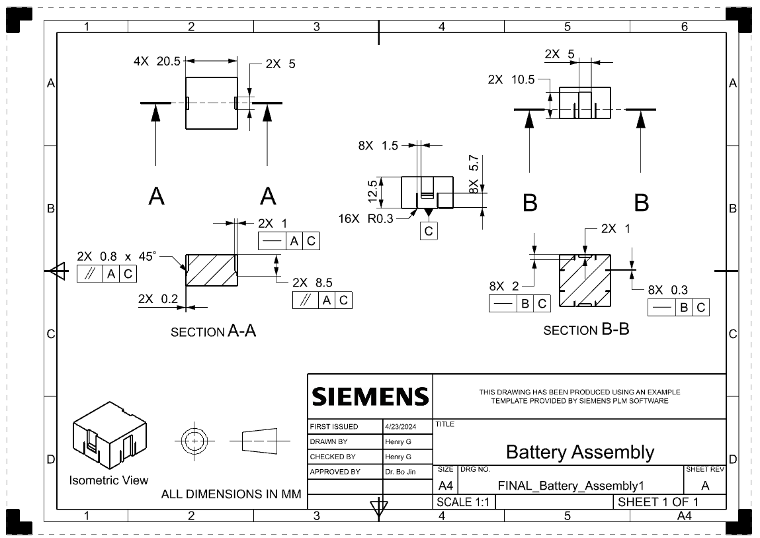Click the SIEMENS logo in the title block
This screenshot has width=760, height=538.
click(370, 396)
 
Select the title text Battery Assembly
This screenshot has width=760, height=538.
click(579, 452)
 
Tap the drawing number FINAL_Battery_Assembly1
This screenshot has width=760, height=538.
click(570, 486)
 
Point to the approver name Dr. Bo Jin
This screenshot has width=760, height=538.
click(400, 472)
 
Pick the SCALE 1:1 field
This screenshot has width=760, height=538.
click(463, 502)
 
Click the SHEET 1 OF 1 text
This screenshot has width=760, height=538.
click(657, 502)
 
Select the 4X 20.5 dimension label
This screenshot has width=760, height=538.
click(157, 62)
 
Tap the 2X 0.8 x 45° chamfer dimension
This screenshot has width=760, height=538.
click(117, 256)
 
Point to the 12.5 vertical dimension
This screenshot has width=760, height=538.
click(373, 192)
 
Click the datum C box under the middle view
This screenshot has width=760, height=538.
click(429, 231)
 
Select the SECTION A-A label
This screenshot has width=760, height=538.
click(213, 332)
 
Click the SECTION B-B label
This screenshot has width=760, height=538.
click(585, 330)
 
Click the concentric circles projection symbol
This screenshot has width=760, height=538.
click(194, 439)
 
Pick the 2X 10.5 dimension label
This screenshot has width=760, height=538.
click(511, 79)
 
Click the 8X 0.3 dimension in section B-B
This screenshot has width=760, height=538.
click(667, 290)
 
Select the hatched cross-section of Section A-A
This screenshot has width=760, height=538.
click(211, 270)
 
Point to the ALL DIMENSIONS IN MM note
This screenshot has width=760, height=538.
click(231, 494)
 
